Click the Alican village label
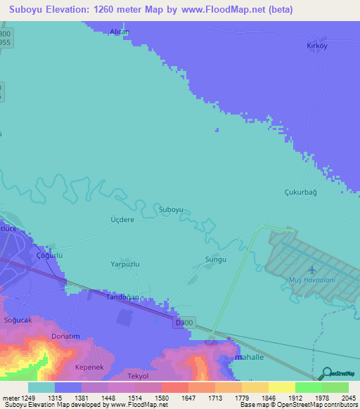[120, 32]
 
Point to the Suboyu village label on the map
[171, 209]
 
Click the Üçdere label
[122, 220]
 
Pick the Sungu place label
[215, 259]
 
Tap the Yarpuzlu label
[125, 265]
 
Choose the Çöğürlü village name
[50, 257]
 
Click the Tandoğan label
[121, 297]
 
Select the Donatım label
[66, 337]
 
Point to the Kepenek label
[89, 368]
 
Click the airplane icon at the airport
[311, 269]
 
